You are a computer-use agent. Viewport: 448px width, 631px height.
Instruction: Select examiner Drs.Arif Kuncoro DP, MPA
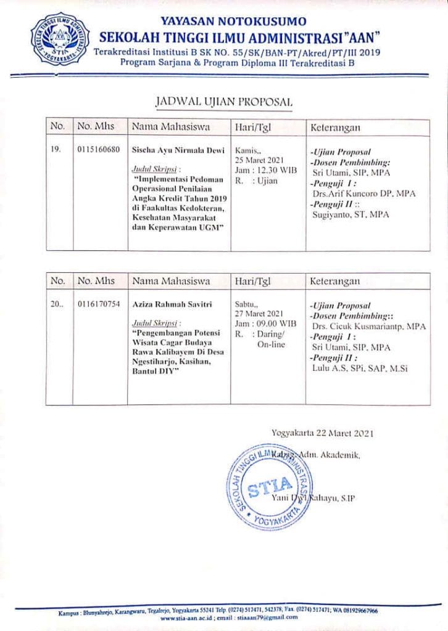tap(364, 193)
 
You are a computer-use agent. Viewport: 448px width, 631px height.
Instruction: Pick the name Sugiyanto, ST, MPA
tap(351, 214)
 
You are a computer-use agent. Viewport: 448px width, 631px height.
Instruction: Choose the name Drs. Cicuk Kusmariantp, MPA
tap(369, 327)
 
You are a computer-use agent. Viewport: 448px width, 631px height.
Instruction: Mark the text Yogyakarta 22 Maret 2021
tap(323, 433)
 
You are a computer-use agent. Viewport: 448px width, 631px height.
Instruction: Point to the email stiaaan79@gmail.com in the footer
tap(259, 618)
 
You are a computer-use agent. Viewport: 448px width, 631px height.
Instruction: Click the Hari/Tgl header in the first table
tap(254, 127)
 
